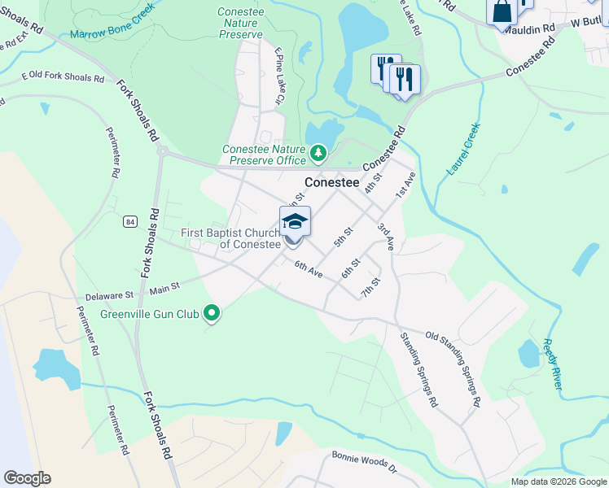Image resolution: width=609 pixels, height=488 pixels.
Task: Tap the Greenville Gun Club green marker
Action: pyautogui.click(x=212, y=313)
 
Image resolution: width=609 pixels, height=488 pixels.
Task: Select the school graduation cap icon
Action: pyautogui.click(x=295, y=220)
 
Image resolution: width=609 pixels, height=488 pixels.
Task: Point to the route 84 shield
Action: pyautogui.click(x=130, y=221)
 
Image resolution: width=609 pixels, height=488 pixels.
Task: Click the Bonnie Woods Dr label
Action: pyautogui.click(x=364, y=462)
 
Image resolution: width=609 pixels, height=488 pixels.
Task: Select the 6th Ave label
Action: pyautogui.click(x=309, y=270)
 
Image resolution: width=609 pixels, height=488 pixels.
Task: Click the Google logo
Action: pyautogui.click(x=27, y=478)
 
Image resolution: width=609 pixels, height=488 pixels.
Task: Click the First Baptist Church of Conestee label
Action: pyautogui.click(x=230, y=238)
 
